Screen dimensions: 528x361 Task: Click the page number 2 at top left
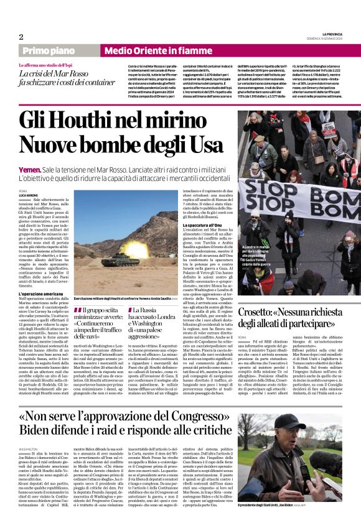21,37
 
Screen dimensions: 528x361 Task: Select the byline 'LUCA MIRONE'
29,195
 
